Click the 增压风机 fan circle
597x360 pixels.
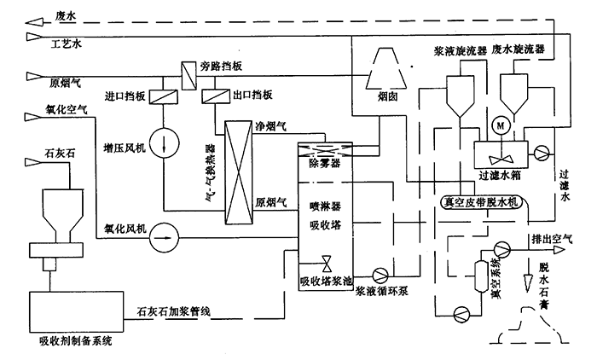pyautogui.click(x=161, y=140)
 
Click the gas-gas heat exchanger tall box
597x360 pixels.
pyautogui.click(x=235, y=171)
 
